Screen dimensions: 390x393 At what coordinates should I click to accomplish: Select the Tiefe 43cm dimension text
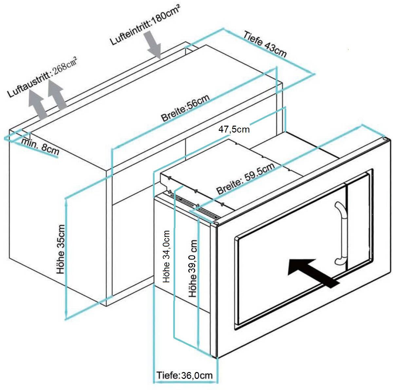[265, 44]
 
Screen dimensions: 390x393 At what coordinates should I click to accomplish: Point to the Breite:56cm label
[185, 108]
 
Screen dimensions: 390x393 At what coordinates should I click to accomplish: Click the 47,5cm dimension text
[234, 129]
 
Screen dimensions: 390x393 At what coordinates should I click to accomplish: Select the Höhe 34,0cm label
[167, 257]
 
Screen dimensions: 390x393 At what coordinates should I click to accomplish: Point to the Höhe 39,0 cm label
[193, 268]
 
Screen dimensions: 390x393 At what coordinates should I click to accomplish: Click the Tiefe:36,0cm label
[185, 375]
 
